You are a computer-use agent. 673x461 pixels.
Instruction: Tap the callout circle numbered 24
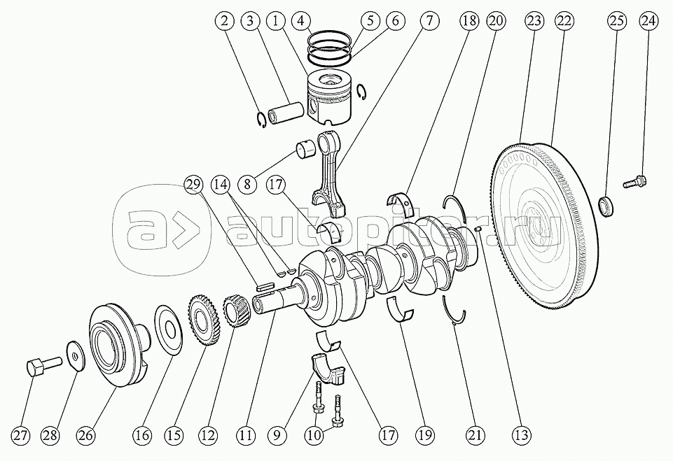tap(648, 21)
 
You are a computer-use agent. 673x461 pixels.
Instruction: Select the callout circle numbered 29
tap(193, 185)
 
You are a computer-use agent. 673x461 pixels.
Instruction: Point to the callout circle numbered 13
tap(521, 435)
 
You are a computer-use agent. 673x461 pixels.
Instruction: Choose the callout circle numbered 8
tap(248, 185)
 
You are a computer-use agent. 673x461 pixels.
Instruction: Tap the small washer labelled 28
tap(76, 355)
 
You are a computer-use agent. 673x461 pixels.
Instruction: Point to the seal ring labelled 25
tap(606, 206)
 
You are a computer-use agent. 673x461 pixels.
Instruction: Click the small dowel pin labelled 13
tap(478, 230)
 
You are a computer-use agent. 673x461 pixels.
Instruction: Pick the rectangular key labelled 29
tap(265, 284)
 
